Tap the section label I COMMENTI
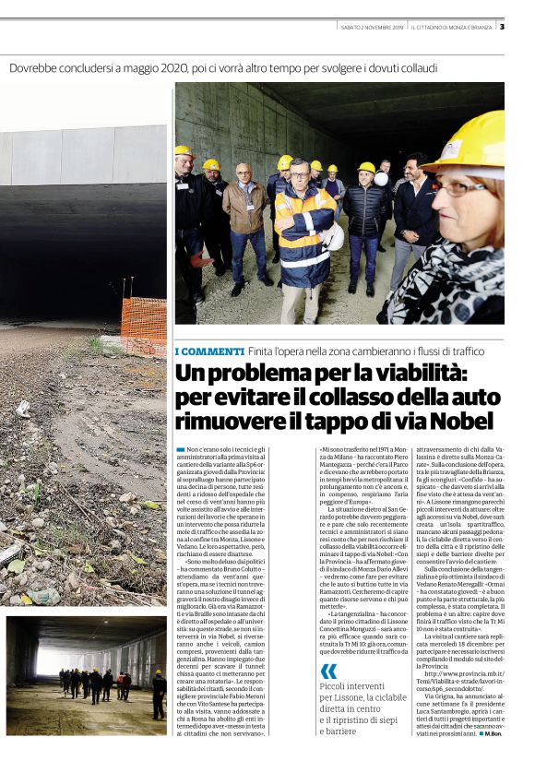[x=209, y=351]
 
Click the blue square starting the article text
[x=181, y=448]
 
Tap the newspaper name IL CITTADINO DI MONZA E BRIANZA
[x=451, y=27]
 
